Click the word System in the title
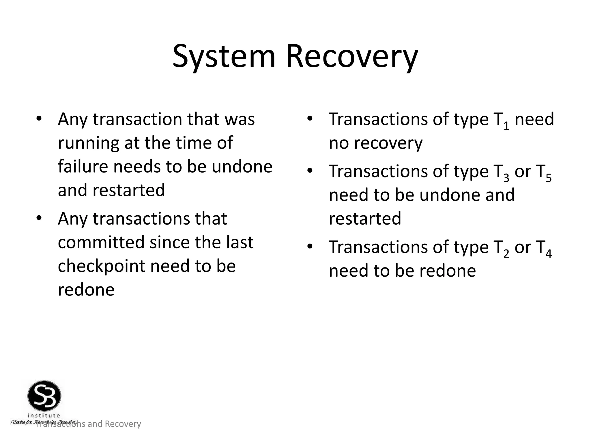224,56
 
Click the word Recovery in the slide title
352,56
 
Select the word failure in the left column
83,167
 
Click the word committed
101,242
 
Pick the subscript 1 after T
506,126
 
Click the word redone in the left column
86,290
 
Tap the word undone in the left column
242,167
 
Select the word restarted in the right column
365,219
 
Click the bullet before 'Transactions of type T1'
310,118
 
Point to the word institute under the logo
44,415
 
